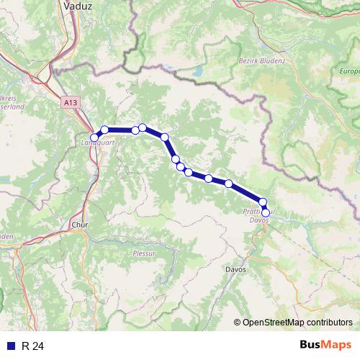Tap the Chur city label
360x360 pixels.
(79, 225)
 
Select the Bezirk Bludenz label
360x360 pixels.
(261, 61)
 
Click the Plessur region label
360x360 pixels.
(144, 253)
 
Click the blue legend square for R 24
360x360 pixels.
(11, 346)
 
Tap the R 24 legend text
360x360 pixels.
(33, 346)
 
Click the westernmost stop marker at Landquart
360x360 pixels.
(94, 137)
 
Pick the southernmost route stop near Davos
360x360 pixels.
(266, 212)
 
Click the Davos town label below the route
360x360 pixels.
(235, 269)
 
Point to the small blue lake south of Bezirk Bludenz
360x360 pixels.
(197, 72)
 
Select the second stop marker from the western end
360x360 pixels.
(104, 130)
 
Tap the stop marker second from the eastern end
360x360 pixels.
(263, 202)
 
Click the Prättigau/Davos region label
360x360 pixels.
(257, 215)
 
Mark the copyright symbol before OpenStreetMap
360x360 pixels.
(237, 323)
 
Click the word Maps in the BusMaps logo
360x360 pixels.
(334, 346)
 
